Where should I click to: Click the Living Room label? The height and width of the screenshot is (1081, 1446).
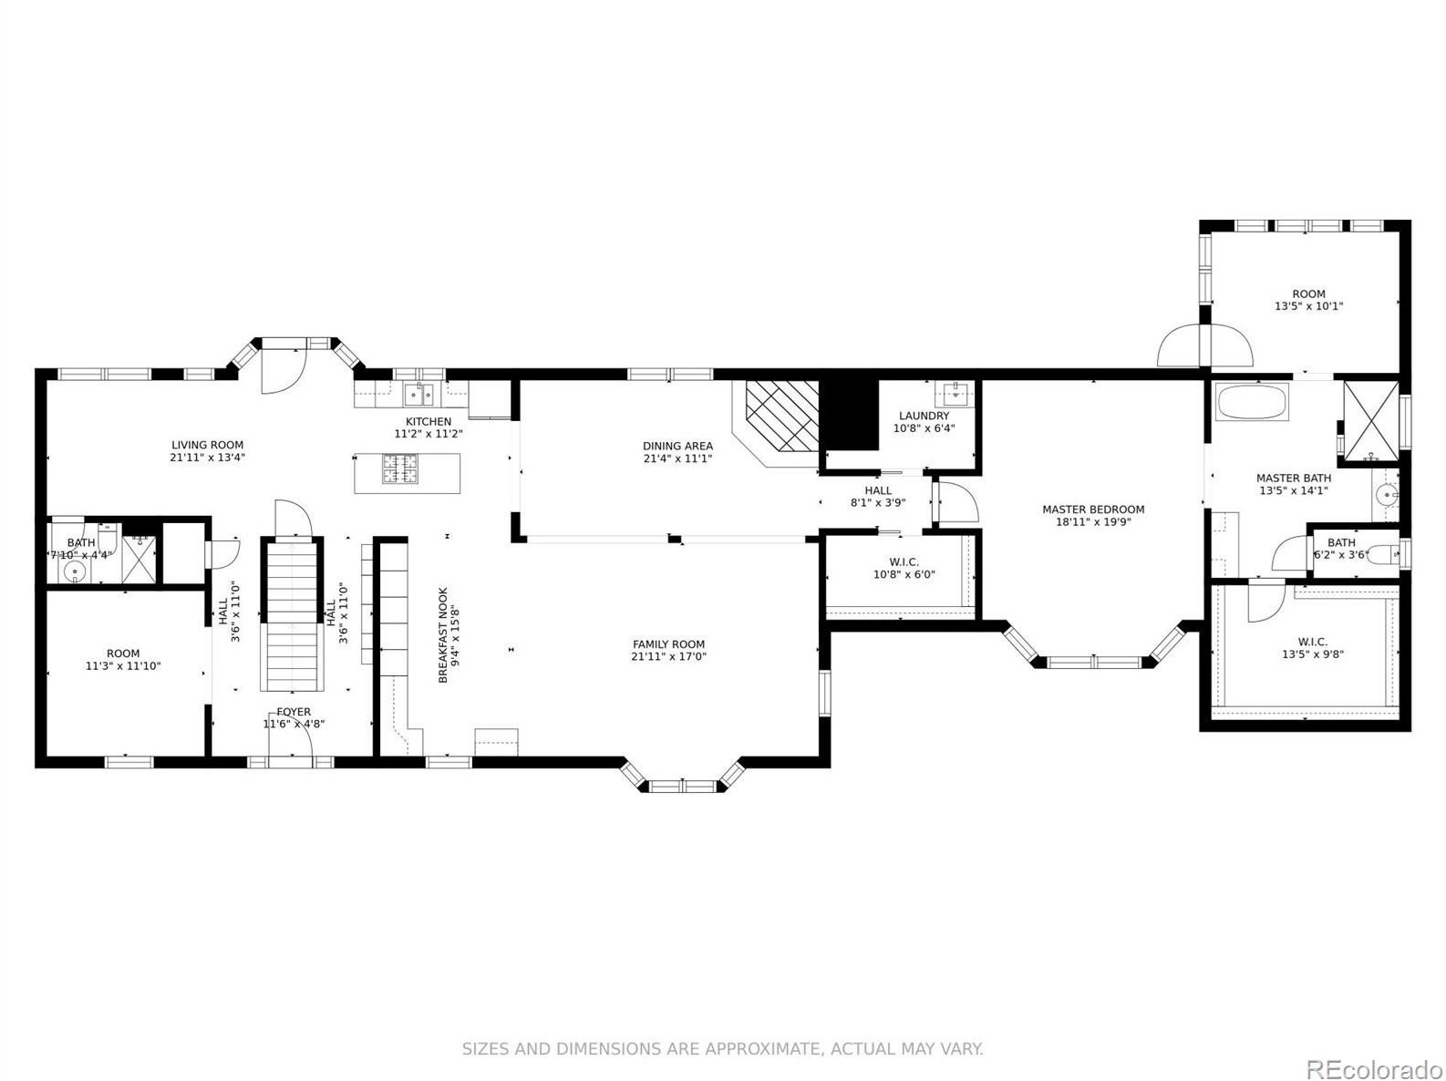(208, 445)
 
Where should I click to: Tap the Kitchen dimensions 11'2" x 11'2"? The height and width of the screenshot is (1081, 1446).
(429, 434)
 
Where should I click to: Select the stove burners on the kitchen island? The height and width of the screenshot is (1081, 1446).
(400, 470)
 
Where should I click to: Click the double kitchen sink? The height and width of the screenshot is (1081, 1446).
(419, 395)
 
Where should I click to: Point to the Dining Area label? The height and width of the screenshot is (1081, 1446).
(678, 447)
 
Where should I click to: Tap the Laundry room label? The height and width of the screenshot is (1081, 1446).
(924, 416)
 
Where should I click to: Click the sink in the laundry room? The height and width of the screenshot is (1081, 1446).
(954, 394)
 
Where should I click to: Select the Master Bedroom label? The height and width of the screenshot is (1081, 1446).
(1093, 510)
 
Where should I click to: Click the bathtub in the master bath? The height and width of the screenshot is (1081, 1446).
(1252, 402)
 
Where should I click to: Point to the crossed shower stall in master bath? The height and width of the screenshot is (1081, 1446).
(1371, 421)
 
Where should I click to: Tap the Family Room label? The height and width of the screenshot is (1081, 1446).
(668, 644)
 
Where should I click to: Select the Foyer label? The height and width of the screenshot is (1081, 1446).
(294, 713)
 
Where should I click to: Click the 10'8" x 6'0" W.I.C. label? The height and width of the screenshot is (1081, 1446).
(904, 568)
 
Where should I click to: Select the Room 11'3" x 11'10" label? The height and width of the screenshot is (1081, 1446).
(123, 660)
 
